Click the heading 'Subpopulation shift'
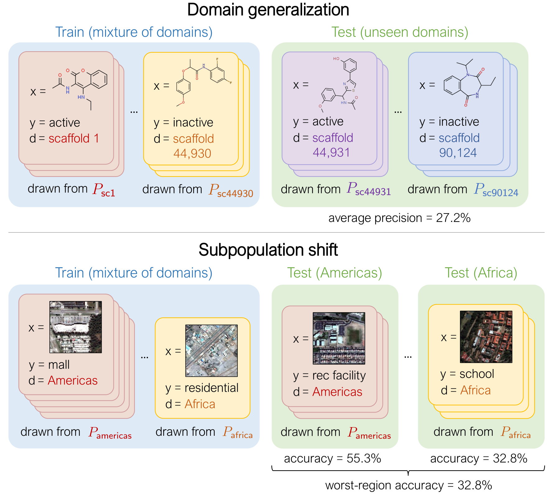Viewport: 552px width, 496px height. coord(268,250)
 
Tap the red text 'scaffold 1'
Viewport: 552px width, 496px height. coord(74,138)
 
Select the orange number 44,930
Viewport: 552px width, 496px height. coord(192,154)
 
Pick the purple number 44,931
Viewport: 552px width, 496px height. coord(331,153)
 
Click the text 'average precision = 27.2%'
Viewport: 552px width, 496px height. coord(399,218)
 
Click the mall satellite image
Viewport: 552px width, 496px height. coord(76,327)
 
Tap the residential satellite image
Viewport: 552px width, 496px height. coord(211,351)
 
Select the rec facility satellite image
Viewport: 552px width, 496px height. coord(339,338)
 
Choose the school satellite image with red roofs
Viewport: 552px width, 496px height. coord(486,337)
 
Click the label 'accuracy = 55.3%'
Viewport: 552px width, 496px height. coord(332,458)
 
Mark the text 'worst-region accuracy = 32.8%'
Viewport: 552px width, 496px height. coord(408,485)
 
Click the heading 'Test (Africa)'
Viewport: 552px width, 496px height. coord(481,273)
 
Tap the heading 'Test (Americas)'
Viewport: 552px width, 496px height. coord(334,273)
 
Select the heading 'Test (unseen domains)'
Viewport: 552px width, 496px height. coord(400,32)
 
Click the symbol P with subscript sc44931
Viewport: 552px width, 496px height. coord(369,189)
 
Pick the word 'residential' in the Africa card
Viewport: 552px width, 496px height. coord(211,388)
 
